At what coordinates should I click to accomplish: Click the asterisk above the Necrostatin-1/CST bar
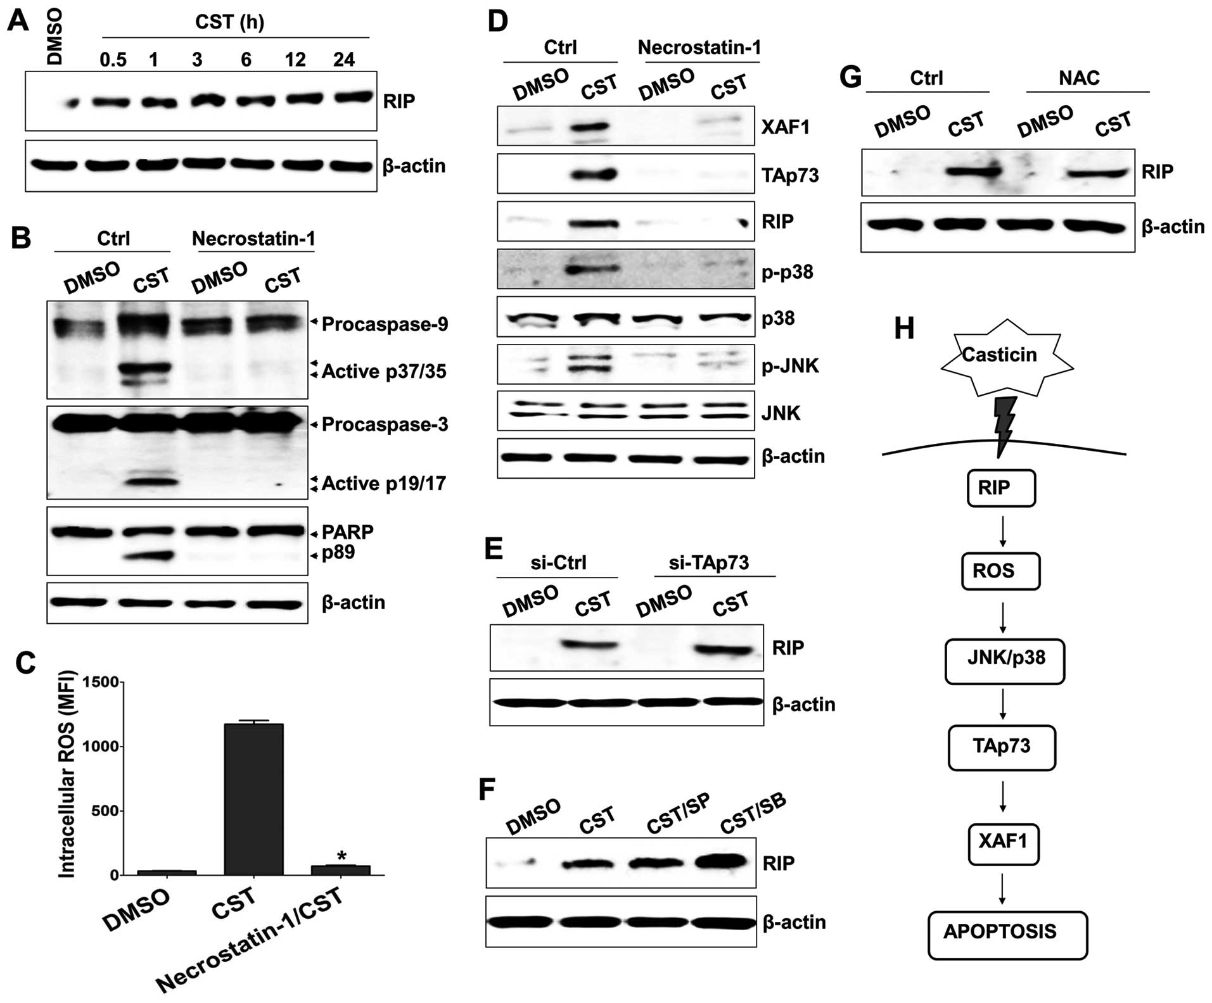coord(342,856)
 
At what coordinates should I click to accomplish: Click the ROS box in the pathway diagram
coord(1000,571)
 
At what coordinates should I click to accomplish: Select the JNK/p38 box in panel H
coord(1004,659)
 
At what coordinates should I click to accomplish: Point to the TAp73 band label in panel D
coord(790,175)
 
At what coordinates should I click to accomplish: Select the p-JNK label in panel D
coord(790,366)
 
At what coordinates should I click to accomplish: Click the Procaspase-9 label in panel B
coord(385,324)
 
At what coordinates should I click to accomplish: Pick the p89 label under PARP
coord(338,553)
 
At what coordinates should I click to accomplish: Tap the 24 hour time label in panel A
coord(344,60)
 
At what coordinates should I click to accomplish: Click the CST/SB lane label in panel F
coord(753,814)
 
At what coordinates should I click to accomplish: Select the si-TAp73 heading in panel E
coord(708,562)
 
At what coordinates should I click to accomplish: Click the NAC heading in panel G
coord(1079,78)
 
